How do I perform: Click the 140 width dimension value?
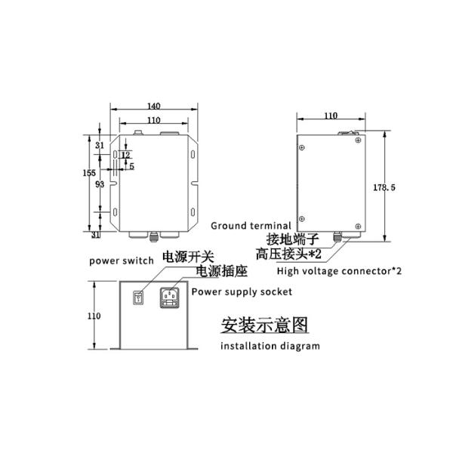point(154,106)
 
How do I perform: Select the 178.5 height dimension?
point(384,187)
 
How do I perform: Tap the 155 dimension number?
point(89,173)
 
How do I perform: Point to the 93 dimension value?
point(100,184)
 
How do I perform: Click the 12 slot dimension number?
point(125,155)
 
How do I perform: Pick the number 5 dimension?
point(131,166)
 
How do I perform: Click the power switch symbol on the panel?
point(138,298)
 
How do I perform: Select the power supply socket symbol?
point(170,297)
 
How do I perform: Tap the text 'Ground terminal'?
point(251,226)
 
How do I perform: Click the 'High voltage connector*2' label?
point(339,271)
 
